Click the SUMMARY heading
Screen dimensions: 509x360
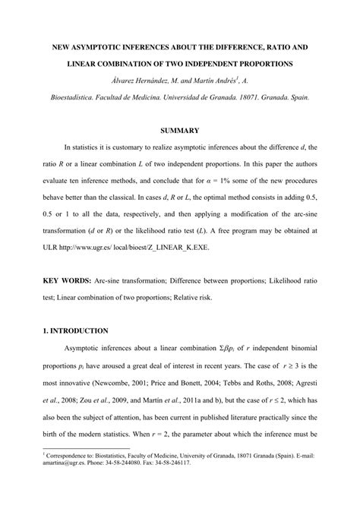180,131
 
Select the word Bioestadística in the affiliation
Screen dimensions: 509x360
77,97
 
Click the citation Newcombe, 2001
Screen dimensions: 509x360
123,397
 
